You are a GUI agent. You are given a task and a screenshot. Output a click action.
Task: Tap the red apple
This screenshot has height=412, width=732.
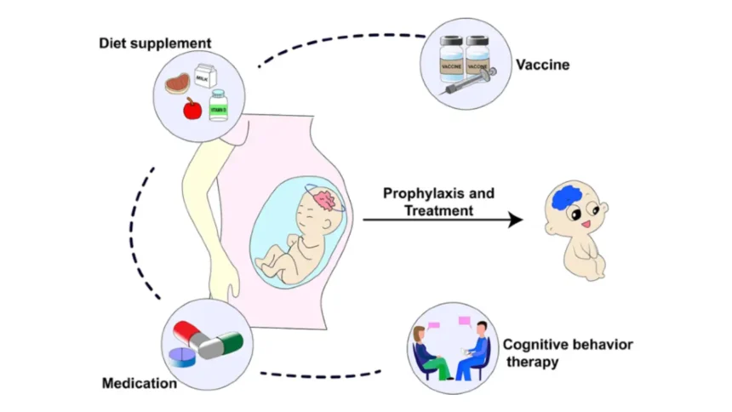(192, 109)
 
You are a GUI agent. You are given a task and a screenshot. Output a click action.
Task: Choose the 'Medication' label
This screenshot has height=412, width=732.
(140, 383)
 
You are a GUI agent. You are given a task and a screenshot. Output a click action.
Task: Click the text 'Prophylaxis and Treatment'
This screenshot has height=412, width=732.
(438, 202)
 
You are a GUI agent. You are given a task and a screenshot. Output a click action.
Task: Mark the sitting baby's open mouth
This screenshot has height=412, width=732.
(587, 224)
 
